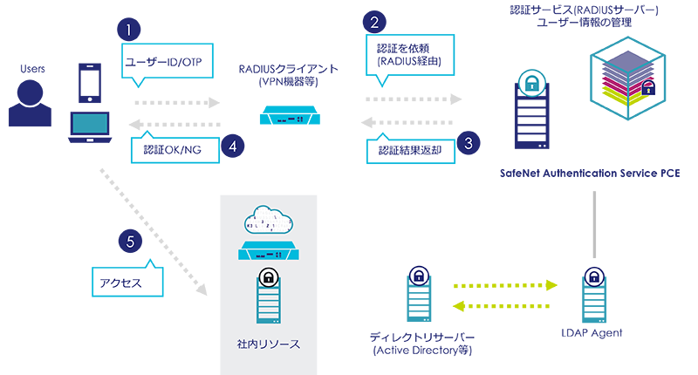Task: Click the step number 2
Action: coord(374,24)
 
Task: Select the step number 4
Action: coord(232,147)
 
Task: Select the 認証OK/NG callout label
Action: coord(172,149)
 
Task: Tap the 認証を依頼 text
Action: coord(399,49)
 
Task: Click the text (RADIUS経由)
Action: coord(403,63)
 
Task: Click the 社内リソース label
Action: coord(270,344)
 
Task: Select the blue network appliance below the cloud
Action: coord(270,256)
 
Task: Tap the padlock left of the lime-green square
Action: coord(419,277)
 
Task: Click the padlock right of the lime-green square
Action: coord(594,277)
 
